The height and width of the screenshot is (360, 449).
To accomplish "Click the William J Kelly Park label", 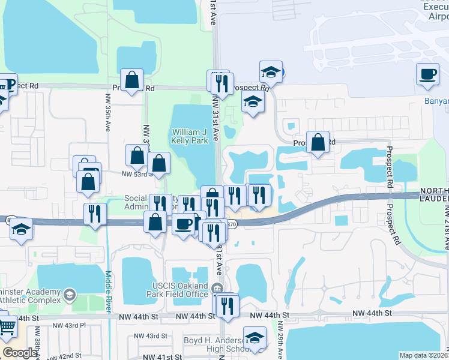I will [190, 136].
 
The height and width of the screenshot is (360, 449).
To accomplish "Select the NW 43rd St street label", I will [150, 336].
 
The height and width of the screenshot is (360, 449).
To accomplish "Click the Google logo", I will [20, 352].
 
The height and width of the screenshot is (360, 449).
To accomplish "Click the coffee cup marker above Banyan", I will [427, 74].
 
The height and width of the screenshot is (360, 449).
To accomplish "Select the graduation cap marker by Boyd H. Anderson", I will [255, 337].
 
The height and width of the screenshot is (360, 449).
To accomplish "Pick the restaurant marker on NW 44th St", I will [226, 305].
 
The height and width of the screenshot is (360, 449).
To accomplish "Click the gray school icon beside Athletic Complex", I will [70, 294].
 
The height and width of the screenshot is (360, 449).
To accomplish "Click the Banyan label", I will [436, 101].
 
